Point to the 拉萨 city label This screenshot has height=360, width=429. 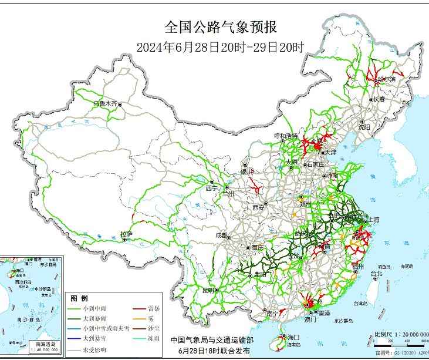126,234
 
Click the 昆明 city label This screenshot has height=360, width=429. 208,290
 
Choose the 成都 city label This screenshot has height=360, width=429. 221,235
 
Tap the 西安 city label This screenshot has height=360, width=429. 259,207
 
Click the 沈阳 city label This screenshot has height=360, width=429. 364,126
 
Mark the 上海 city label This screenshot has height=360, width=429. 373,220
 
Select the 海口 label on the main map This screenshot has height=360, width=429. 293,337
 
